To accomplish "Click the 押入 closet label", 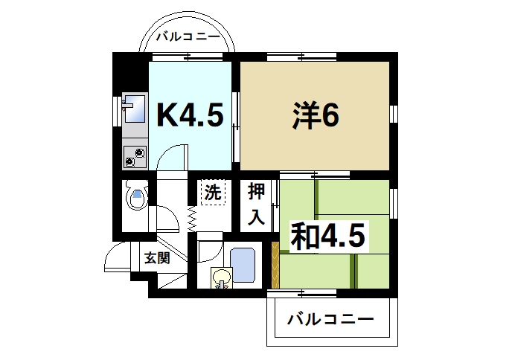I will coord(257,204).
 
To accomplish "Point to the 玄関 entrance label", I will coord(157,258).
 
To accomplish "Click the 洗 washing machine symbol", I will coord(212,193).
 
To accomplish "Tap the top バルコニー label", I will coord(188,35).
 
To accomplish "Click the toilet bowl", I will coord(135,198).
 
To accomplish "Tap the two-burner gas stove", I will coord(135,156).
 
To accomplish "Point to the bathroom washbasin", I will coord(222,278).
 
